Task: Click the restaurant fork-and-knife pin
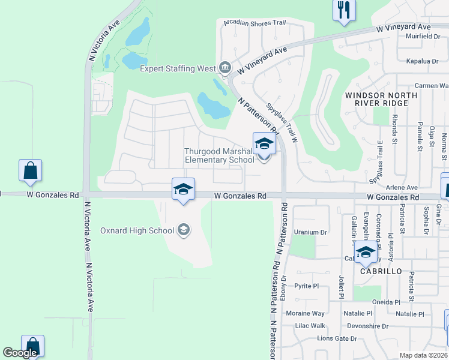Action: [x=344, y=10]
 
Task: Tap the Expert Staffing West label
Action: [x=177, y=68]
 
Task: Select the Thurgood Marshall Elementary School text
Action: [x=219, y=155]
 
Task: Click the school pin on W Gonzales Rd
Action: [x=183, y=190]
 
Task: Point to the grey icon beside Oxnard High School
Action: [x=184, y=230]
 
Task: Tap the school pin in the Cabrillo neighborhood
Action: [x=365, y=253]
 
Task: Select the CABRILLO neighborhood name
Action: [x=381, y=271]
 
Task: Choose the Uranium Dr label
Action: [x=310, y=232]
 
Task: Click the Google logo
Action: [x=20, y=353]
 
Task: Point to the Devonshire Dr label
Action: [x=367, y=326]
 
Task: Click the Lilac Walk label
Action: [x=310, y=326]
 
